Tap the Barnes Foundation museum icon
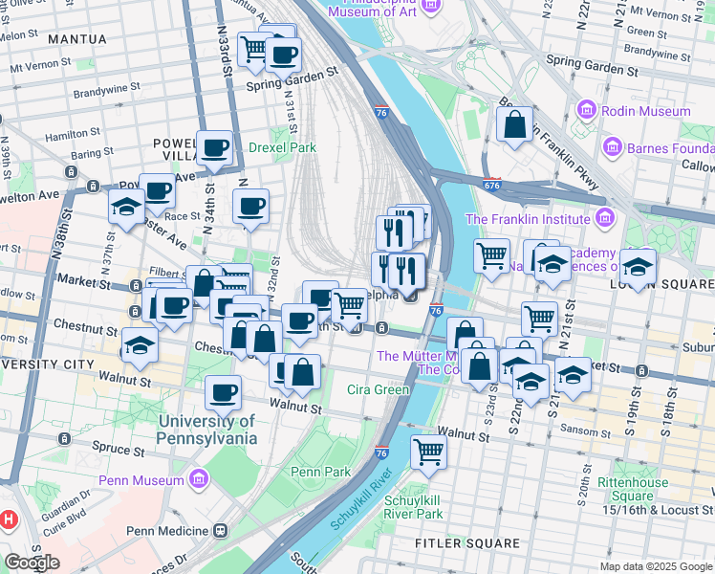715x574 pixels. [613, 147]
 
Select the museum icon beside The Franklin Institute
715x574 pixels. [602, 218]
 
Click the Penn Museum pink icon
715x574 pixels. [200, 478]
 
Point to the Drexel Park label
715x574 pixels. [282, 147]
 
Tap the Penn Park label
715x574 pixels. [321, 472]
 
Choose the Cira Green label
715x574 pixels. [379, 389]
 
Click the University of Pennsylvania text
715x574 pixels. [207, 430]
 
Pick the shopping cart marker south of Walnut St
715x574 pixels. [429, 451]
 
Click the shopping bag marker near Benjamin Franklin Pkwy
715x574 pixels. [514, 124]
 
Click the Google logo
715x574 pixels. [32, 562]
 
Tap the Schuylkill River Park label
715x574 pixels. [413, 507]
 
